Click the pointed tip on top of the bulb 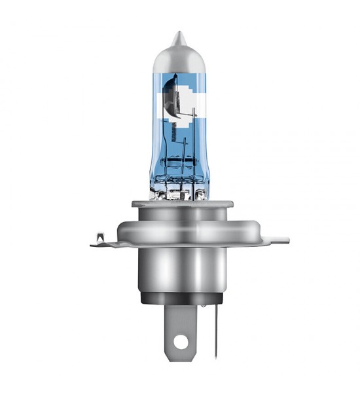pos(180,37)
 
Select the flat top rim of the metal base pos(180,204)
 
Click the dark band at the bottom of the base pos(180,301)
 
